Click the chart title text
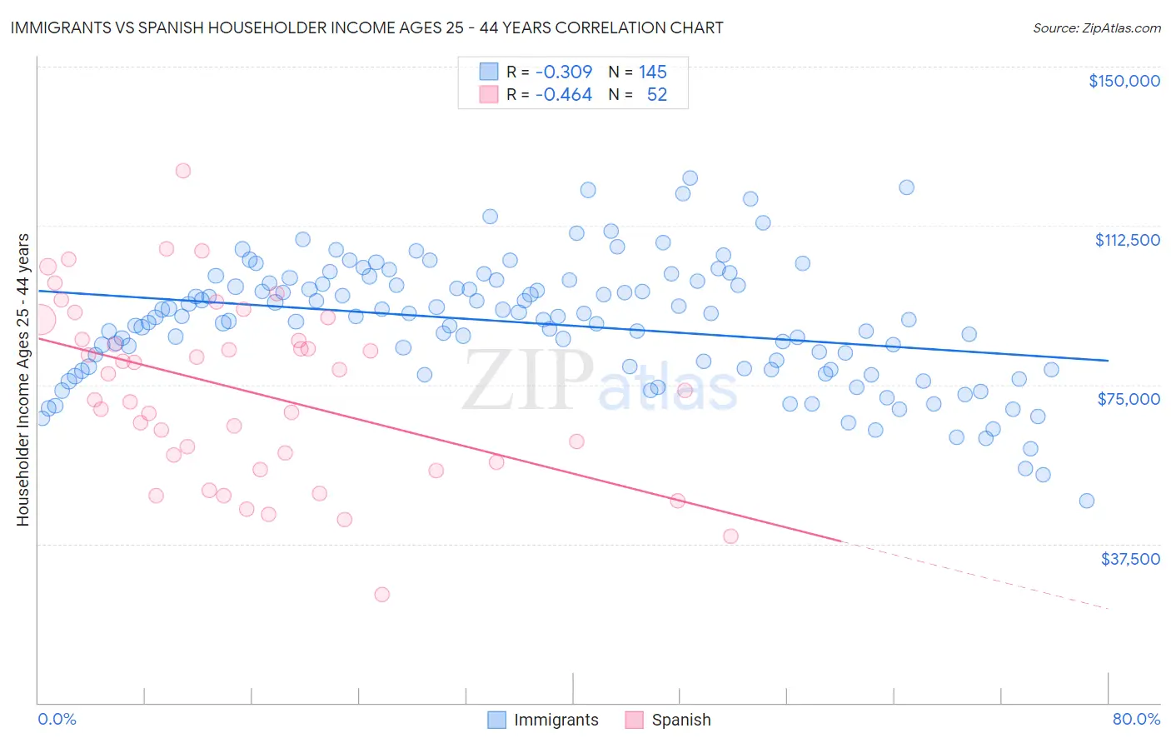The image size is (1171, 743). pos(366,27)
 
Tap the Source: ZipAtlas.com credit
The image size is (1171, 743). pos(1096,27)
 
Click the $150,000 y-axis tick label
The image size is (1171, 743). pos(1124,81)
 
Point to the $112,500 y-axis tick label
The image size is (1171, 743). pos(1127,240)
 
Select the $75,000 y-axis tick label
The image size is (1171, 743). pos(1129,399)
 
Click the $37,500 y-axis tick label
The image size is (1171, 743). pos(1129,559)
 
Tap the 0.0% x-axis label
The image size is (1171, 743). pos(57,719)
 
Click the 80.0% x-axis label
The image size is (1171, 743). pos(1136,719)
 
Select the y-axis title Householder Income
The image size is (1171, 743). pos(23,380)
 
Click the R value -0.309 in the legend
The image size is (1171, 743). pos(564,72)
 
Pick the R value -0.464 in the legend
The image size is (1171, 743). pos(564,95)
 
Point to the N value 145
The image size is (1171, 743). pos(653,72)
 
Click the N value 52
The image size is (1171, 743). pos(657,95)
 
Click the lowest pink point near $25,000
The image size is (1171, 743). pos(381,594)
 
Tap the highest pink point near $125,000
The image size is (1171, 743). pos(182,170)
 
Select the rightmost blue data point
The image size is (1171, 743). pos(1086,501)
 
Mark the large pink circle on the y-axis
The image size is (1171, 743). pos(39,319)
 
